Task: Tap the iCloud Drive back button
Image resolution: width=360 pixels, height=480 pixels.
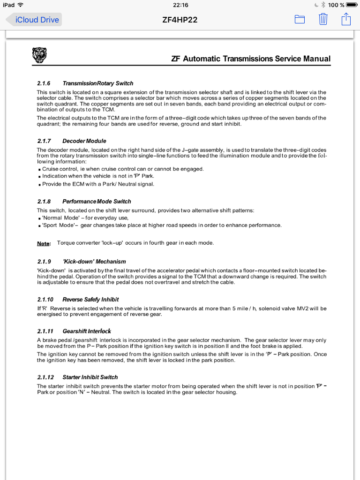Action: point(33,20)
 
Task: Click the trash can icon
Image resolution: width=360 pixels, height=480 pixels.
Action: point(323,19)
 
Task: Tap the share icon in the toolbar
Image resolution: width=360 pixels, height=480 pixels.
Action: point(346,19)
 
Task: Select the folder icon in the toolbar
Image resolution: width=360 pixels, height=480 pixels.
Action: point(300,19)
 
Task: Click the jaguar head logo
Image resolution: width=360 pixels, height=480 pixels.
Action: point(40,55)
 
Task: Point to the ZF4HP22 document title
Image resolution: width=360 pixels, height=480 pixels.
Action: point(180,20)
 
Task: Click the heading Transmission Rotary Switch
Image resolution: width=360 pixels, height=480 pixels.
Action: point(97,83)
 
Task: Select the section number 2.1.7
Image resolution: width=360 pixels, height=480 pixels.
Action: point(44,141)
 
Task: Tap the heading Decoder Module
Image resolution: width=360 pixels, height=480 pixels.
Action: point(84,141)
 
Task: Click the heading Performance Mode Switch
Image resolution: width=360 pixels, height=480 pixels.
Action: point(97,201)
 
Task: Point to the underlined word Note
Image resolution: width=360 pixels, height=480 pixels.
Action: point(43,243)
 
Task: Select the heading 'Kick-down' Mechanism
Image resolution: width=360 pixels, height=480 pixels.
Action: point(94,261)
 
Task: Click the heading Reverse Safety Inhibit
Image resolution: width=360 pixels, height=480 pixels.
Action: point(90,299)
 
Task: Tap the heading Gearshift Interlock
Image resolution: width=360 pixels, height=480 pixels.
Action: point(87,331)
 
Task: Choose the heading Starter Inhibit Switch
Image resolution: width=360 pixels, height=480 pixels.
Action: point(90,377)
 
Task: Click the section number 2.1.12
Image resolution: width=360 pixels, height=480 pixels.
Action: point(45,377)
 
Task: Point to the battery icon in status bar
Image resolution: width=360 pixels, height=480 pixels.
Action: point(352,5)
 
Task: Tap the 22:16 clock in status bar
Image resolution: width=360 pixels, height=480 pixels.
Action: point(180,5)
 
